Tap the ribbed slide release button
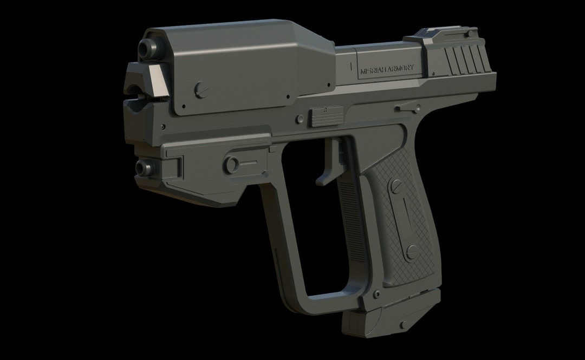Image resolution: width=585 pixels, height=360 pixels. click(327, 116)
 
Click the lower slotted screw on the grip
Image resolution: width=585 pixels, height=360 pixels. click(412, 251)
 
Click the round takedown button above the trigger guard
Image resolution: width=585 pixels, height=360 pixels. click(233, 162)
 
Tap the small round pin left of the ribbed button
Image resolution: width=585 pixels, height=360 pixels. click(300, 118)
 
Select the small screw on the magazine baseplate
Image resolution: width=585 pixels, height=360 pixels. click(403, 324)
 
